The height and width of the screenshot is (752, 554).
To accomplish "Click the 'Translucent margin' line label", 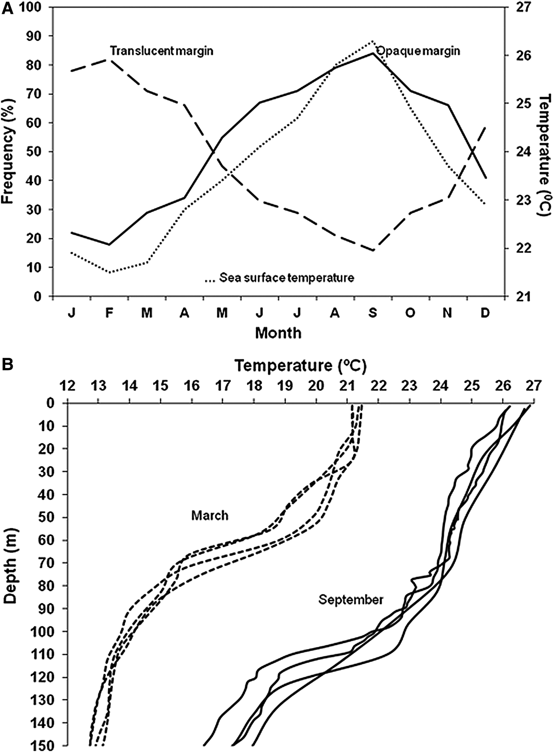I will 161,51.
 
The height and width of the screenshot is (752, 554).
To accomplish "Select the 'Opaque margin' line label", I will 418,51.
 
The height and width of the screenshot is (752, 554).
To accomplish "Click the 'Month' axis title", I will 278,333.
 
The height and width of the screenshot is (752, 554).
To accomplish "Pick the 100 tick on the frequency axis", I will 35,8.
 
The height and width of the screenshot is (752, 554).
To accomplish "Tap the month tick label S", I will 373,313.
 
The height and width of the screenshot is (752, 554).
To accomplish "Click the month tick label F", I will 109,313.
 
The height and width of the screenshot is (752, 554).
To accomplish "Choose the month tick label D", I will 485,313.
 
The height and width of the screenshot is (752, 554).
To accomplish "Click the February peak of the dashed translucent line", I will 110,60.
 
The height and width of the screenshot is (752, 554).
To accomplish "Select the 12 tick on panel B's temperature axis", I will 68,385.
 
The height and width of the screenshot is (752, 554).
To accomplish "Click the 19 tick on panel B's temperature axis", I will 285,385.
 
